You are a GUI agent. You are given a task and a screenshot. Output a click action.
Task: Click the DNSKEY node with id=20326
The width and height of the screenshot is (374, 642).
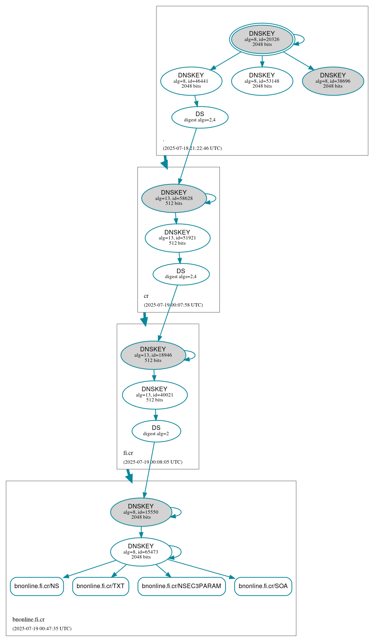click(x=262, y=39)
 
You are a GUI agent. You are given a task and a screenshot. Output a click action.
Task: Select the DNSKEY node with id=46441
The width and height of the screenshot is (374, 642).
click(x=191, y=81)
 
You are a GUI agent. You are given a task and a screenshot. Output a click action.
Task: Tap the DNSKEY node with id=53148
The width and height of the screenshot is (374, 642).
click(x=262, y=81)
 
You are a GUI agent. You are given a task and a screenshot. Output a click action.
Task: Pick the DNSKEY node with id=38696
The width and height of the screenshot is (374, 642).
click(x=333, y=81)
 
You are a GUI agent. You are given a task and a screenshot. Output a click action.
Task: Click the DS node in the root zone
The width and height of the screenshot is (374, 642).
click(x=200, y=117)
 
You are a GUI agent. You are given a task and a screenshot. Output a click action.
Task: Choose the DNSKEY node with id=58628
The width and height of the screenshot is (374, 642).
click(x=174, y=198)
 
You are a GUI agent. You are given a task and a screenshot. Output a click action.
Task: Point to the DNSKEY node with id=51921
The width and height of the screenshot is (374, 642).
click(x=177, y=238)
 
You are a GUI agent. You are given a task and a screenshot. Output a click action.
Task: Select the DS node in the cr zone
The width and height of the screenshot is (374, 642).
click(x=181, y=274)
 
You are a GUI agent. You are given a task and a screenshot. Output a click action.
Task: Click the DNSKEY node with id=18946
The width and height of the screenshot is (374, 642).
click(x=153, y=355)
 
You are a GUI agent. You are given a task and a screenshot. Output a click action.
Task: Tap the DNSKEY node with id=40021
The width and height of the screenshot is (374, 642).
click(x=155, y=395)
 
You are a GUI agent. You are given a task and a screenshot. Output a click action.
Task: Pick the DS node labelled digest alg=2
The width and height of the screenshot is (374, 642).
click(x=156, y=431)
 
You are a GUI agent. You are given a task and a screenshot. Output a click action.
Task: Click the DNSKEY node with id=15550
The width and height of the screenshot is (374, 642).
click(x=141, y=512)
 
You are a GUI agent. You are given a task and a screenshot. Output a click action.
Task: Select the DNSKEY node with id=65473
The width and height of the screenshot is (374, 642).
click(x=141, y=552)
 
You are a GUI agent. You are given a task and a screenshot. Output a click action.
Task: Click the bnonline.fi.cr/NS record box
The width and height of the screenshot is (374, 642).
click(x=37, y=586)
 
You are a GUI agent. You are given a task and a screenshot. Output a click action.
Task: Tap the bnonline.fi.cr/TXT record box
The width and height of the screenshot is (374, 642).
click(x=101, y=586)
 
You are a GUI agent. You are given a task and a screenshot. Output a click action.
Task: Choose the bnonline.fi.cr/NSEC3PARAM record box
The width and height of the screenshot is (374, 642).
click(x=181, y=586)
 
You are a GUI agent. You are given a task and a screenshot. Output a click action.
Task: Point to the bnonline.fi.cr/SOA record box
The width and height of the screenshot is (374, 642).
click(x=263, y=586)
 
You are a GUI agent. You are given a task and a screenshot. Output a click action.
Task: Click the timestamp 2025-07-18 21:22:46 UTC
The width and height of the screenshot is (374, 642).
click(x=192, y=148)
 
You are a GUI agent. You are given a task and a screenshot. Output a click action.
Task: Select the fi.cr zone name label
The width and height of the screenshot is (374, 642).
click(x=128, y=453)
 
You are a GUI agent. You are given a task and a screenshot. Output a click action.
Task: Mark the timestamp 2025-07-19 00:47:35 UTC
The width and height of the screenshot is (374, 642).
click(x=42, y=629)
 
